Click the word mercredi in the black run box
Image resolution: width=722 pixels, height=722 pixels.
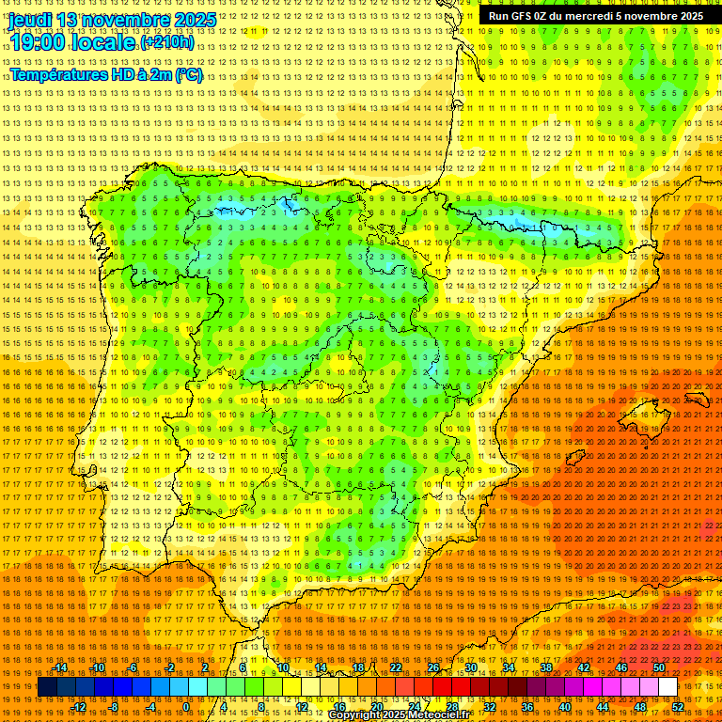[x=589, y=16]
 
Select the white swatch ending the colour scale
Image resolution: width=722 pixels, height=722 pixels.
[x=667, y=687]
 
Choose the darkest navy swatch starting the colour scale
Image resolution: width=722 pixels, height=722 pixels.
[x=46, y=687]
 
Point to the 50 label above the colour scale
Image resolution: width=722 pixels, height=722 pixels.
[x=658, y=667]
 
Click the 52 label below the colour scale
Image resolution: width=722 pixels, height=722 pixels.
[x=678, y=706]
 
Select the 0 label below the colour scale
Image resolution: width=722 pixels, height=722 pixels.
[x=187, y=706]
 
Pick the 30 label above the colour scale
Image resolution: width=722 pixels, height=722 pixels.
[x=470, y=667]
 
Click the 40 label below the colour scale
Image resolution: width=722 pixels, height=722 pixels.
[x=564, y=706]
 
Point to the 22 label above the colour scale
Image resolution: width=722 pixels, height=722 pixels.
[x=395, y=667]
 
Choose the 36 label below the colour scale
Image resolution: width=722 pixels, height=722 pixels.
[x=526, y=706]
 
